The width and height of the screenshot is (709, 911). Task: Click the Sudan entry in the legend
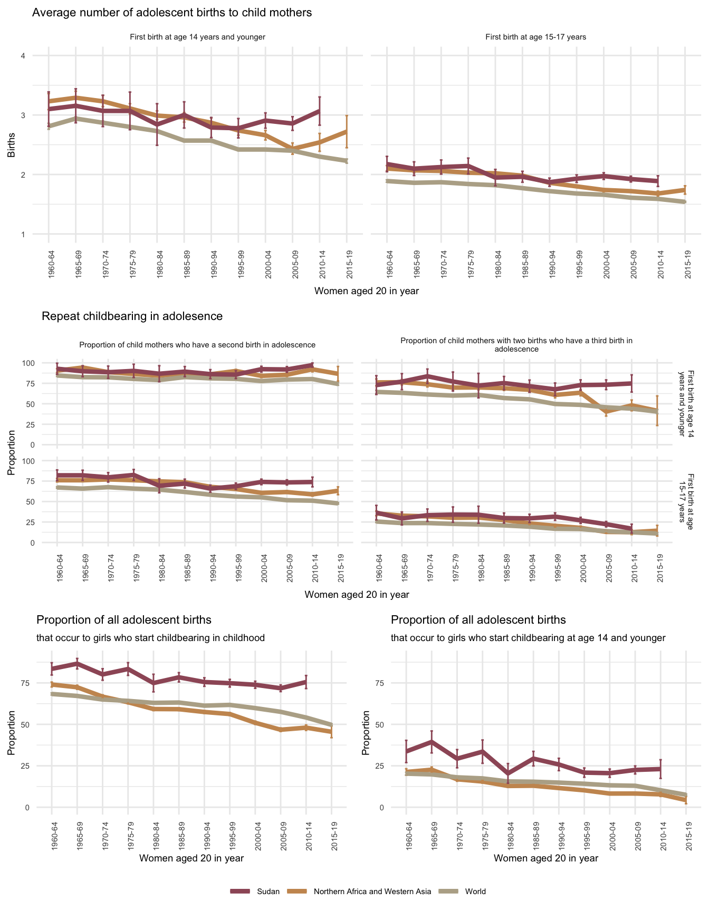267,891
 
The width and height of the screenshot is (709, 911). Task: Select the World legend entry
475,891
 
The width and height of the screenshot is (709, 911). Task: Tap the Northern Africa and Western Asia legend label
372,891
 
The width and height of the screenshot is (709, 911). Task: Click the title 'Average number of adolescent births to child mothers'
172,13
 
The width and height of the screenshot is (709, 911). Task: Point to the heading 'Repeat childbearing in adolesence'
132,316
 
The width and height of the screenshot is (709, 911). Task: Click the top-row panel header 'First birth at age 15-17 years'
535,37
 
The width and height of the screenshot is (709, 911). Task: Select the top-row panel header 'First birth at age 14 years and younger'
197,37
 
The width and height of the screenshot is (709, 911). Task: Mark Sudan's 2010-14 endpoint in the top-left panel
320,111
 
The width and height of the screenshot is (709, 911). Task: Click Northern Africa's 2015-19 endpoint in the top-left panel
347,131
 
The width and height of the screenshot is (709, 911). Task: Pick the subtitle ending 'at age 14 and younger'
528,638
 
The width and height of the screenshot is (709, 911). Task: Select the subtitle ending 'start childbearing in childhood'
150,638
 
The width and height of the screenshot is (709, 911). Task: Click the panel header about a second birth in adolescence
197,345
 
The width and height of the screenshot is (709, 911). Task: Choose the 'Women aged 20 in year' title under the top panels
366,290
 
